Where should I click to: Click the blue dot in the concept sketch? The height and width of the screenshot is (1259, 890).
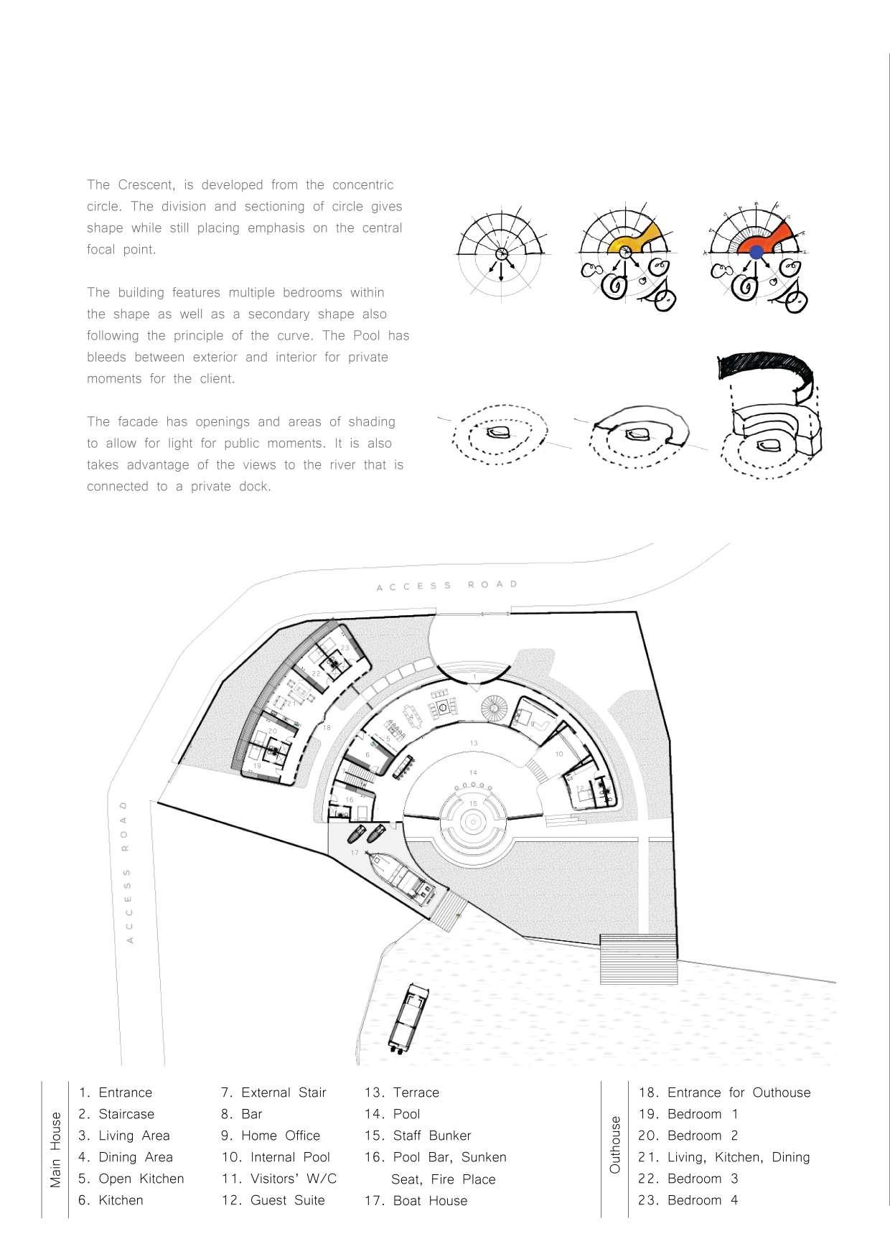click(x=756, y=252)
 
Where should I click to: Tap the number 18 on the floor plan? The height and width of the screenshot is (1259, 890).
click(x=327, y=727)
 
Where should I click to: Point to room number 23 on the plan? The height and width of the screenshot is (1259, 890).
click(x=345, y=647)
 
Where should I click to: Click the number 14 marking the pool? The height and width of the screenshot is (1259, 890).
click(x=473, y=772)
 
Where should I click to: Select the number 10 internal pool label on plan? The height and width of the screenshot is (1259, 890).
click(x=559, y=754)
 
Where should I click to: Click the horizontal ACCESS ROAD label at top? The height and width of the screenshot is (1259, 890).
click(x=447, y=586)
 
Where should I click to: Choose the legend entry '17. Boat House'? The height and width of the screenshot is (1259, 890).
click(x=416, y=1200)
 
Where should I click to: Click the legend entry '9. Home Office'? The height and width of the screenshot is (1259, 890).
click(x=271, y=1136)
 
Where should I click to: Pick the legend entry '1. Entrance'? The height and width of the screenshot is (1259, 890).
click(x=116, y=1092)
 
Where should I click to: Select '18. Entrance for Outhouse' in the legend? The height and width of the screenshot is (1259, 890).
click(x=724, y=1092)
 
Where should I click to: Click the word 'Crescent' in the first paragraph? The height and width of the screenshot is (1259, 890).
click(x=137, y=184)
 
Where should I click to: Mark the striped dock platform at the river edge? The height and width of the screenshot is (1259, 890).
click(x=638, y=958)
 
